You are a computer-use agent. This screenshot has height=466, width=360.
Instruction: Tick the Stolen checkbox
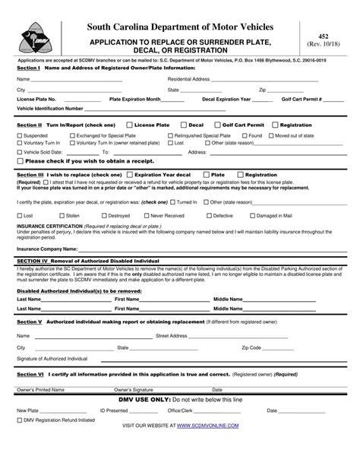point(56,215)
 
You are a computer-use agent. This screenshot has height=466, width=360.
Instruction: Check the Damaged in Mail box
point(253,215)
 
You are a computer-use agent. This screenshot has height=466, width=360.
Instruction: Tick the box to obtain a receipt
point(21,161)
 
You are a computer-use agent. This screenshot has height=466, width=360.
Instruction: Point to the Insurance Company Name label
point(47,248)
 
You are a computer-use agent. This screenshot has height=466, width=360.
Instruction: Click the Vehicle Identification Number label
point(51,109)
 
